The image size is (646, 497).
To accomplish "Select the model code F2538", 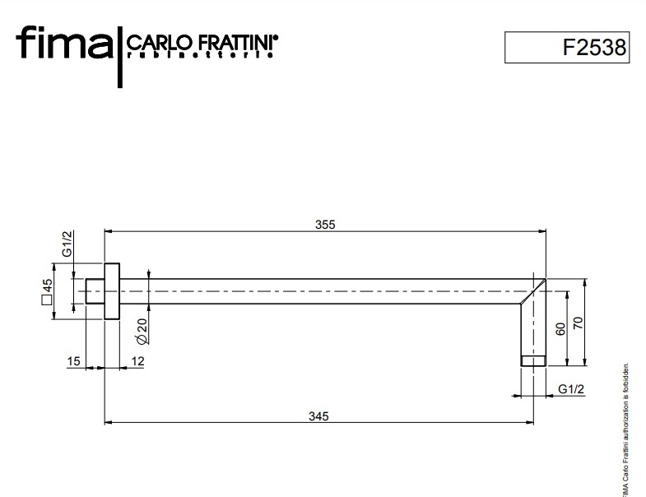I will [594, 47].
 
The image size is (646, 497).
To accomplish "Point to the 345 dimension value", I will [318, 416].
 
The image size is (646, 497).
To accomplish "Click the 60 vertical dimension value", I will [560, 328].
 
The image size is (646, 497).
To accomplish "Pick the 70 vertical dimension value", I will [578, 323].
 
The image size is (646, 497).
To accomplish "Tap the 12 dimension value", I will [137, 361].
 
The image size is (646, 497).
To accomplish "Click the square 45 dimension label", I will [47, 292].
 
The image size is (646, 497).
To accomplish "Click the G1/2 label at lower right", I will [571, 389].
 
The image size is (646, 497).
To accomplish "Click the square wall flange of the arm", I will [112, 291].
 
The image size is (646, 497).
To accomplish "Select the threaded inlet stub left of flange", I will [95, 291].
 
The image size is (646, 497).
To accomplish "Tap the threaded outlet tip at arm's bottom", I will [533, 360].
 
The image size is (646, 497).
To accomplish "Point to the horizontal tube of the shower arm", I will [321, 291].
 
